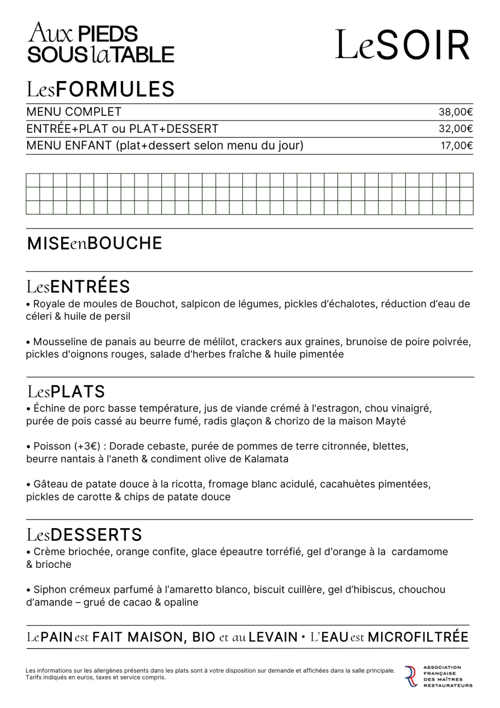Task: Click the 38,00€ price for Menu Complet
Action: pos(455,112)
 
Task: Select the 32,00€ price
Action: pos(455,129)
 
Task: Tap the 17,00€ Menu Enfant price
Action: pos(456,146)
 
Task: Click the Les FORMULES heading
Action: pos(100,89)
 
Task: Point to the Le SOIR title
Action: pos(402,45)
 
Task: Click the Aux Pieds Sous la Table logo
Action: pos(100,43)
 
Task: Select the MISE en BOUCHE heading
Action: pos(94,243)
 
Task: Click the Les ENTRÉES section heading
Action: pos(78,287)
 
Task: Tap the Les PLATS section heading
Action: pos(66,392)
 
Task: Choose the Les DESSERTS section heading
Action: pos(84,535)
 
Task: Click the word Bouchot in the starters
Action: pos(155,304)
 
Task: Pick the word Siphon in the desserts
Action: pos(49,590)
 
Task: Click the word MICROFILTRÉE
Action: pos(418,637)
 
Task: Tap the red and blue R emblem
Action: pos(411,676)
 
